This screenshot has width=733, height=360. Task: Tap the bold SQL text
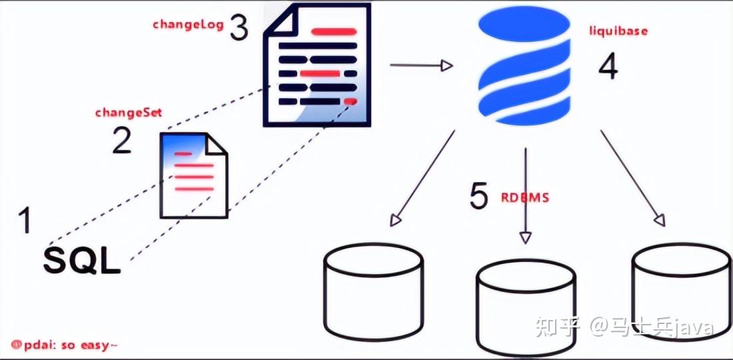[82, 261]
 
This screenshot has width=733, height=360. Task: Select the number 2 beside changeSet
[121, 141]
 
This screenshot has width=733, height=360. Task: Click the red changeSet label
[129, 113]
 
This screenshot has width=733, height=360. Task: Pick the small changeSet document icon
[193, 175]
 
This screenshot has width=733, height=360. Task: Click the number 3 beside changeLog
[239, 27]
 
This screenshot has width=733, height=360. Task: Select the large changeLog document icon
[318, 65]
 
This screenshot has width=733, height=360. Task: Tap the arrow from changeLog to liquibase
[420, 65]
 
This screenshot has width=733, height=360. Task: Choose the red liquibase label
[618, 31]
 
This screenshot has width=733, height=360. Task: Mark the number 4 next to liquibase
[608, 67]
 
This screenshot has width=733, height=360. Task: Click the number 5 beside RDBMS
[479, 196]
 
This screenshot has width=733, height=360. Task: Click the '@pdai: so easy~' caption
[65, 345]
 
